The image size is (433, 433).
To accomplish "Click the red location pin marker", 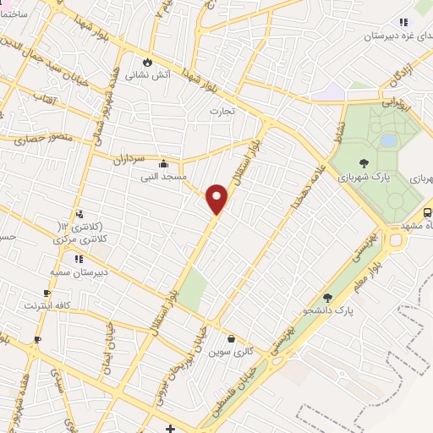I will [x=217, y=199].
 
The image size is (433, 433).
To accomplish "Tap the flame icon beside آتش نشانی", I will [x=149, y=62].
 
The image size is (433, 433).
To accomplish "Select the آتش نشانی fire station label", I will [x=145, y=74].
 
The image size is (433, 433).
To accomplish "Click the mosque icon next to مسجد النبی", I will [x=162, y=165].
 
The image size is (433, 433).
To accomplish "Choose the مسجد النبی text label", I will [x=162, y=178].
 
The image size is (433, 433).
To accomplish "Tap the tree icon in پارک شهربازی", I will [x=364, y=164].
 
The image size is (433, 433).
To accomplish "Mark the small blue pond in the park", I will [x=388, y=140].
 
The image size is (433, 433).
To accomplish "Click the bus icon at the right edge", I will [x=427, y=213].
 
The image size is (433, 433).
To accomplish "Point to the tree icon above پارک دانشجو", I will [x=327, y=298].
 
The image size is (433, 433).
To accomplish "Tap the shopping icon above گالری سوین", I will [x=231, y=339].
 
